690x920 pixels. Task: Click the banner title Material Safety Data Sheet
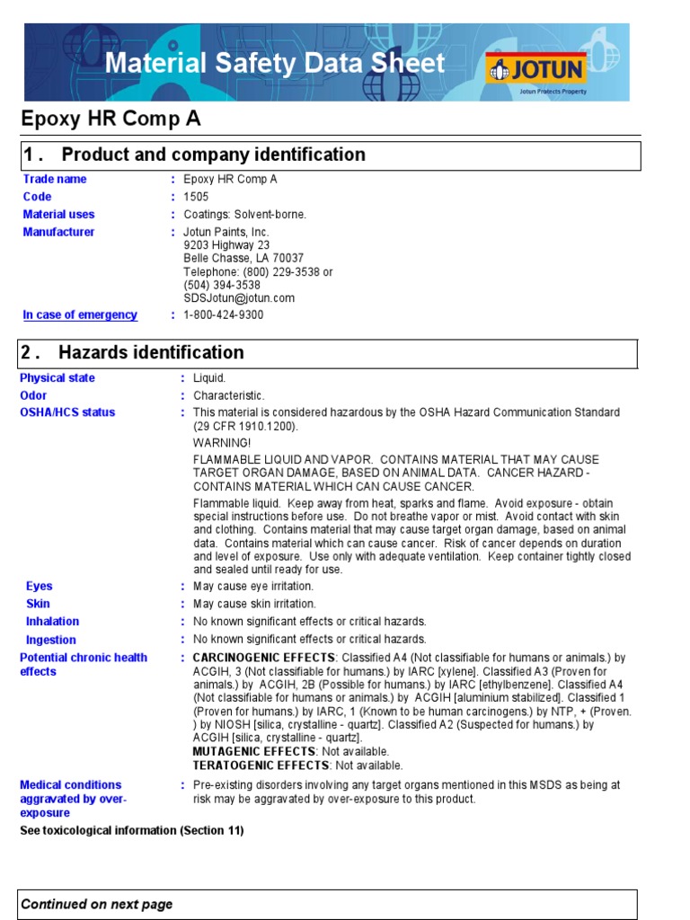[275, 63]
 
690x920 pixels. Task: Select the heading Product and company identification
[213, 155]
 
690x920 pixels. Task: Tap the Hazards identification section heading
[151, 352]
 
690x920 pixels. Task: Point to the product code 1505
[195, 197]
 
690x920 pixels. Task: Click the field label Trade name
[55, 179]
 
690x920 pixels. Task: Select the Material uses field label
[58, 215]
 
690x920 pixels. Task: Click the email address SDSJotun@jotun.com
[239, 298]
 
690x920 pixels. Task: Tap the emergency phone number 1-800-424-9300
[224, 315]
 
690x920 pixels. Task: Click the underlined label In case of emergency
[80, 315]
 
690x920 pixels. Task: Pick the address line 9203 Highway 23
[226, 245]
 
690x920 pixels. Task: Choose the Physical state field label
[57, 378]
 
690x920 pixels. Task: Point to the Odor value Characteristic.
[229, 395]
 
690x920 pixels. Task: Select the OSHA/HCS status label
[67, 412]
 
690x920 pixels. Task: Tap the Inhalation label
[52, 622]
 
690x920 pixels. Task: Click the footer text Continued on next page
[97, 905]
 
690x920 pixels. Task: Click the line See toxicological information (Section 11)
[132, 831]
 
